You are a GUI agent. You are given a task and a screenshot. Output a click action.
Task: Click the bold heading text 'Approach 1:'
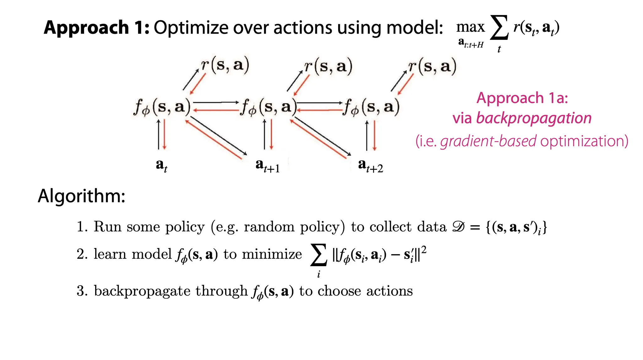(96, 28)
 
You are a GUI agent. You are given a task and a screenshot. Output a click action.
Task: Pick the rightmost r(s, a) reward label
(432, 67)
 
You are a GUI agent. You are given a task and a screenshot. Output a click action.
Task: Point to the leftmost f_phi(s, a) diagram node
(162, 107)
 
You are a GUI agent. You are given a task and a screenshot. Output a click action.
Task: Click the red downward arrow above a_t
(165, 134)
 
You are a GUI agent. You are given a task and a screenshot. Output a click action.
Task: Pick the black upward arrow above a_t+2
(367, 135)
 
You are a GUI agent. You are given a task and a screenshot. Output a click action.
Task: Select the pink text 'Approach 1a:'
(522, 98)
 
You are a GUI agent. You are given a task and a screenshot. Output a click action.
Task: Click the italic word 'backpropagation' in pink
(534, 118)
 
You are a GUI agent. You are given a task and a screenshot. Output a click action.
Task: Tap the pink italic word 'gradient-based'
(488, 141)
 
